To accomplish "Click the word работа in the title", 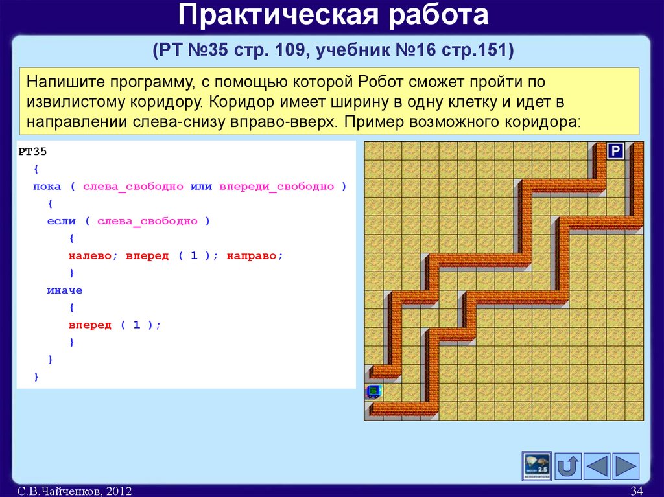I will point(438,16).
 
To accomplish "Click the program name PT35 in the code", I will point(34,151).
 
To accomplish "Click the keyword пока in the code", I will point(47,187).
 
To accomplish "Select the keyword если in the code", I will point(60,221).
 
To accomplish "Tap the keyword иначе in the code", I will point(64,290).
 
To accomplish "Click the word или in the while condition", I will point(202,187).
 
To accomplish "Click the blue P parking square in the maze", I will point(615,151).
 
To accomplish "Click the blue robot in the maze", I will point(373,391).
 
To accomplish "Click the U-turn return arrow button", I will point(569,465).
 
